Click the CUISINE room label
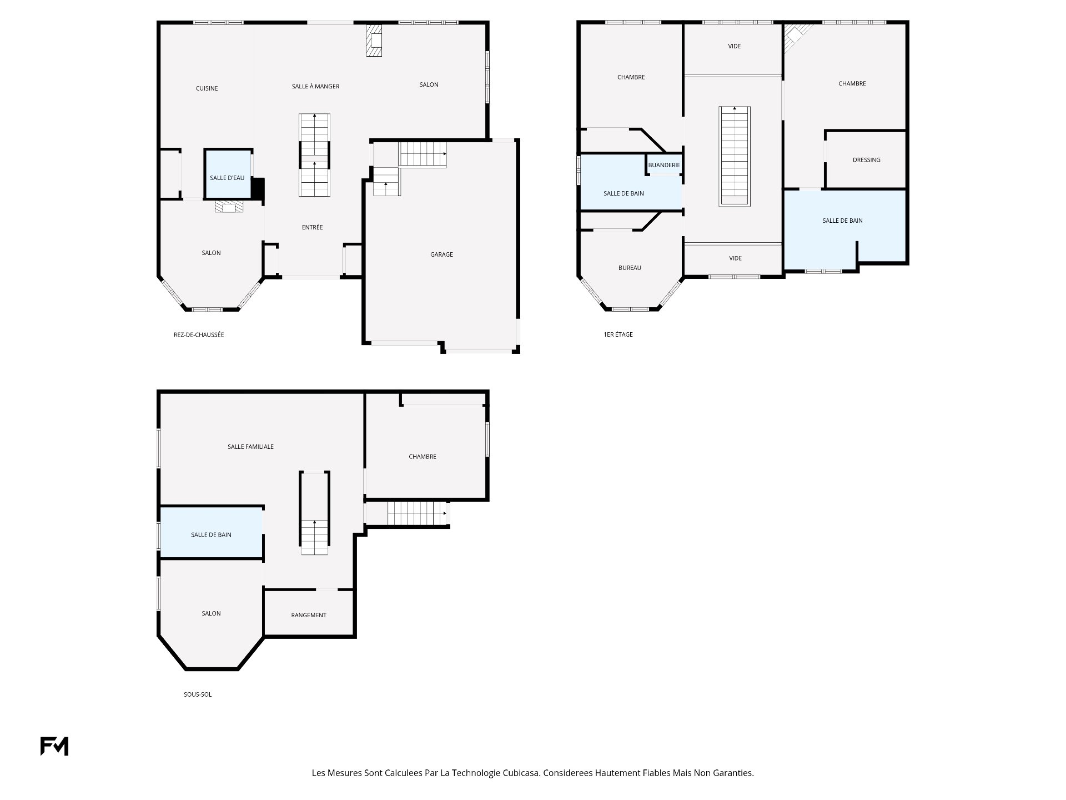pos(207,88)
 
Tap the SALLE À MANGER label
pos(315,86)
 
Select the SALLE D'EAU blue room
pos(228,173)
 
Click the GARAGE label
pos(441,254)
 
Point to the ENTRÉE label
pos(312,227)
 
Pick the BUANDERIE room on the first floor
pos(664,164)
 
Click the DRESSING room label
pos(866,160)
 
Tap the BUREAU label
pos(630,268)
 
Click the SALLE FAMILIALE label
pos(250,447)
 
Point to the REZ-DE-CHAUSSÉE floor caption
pos(199,334)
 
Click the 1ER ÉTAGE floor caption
pos(618,334)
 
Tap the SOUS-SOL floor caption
pos(198,694)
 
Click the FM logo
pos(54,746)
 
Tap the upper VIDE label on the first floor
pos(734,46)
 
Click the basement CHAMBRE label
pos(423,457)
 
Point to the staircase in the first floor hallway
pos(735,157)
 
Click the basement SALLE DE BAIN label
pos(211,534)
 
